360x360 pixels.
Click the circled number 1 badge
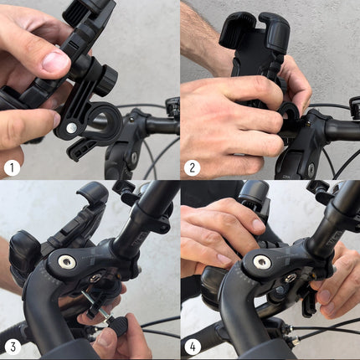[x=12, y=167]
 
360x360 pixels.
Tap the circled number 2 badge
[x=193, y=167]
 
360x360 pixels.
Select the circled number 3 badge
[x=12, y=347]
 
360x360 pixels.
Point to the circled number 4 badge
[x=193, y=347]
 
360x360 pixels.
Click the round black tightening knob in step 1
[x=104, y=80]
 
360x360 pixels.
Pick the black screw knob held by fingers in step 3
[x=115, y=326]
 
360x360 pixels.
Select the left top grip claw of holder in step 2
[x=232, y=29]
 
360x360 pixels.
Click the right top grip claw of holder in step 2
[x=274, y=29]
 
